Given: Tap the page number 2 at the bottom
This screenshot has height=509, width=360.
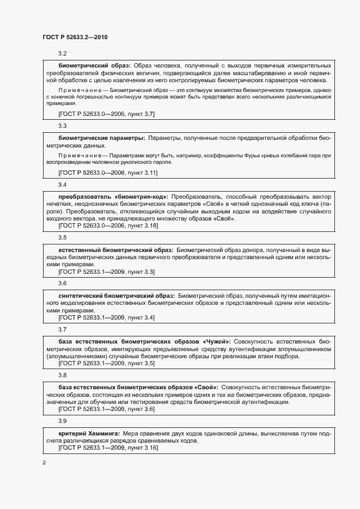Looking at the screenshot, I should (44, 463).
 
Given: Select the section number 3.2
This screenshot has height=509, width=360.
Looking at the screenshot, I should (62, 54).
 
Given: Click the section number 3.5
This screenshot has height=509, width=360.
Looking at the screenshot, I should (62, 238).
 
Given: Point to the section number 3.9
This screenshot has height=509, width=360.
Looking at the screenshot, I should (62, 421).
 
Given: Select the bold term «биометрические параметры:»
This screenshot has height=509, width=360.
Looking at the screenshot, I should (101, 138).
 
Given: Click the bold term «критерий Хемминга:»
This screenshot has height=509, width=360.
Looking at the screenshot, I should (89, 432).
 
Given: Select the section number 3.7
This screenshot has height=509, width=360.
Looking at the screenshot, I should (62, 329).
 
